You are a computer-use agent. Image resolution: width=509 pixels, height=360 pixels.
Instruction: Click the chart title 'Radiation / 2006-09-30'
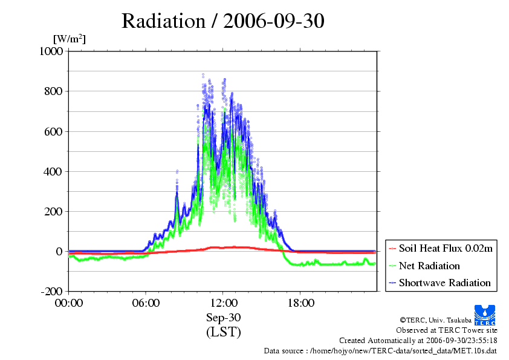[222, 21]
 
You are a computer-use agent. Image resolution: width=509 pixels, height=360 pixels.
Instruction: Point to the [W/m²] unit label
[70, 39]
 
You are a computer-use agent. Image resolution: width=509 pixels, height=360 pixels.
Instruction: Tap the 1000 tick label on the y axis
[51, 51]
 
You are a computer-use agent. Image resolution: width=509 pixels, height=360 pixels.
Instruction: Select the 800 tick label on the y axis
[53, 91]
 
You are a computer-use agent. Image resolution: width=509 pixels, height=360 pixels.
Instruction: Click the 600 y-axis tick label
[53, 131]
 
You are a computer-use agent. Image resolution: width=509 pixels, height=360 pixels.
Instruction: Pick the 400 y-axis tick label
[53, 172]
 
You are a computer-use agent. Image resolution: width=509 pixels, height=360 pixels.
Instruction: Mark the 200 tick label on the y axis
[53, 212]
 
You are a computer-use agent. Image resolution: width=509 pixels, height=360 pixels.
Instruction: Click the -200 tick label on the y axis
[51, 292]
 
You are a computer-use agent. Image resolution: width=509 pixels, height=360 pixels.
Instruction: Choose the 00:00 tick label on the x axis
[69, 303]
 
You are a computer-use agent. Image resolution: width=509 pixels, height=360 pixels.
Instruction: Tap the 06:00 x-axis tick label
[146, 303]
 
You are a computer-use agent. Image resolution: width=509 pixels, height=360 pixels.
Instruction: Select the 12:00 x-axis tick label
[223, 303]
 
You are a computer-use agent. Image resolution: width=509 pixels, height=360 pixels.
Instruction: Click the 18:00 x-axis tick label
[300, 303]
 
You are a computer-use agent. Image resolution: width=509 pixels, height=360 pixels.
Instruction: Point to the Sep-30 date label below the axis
[223, 318]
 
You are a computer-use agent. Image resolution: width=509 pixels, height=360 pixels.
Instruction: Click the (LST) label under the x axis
[223, 332]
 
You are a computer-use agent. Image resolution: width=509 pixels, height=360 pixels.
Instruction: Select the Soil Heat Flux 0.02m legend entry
[441, 249]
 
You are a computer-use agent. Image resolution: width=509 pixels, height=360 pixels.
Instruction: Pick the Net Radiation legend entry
[424, 266]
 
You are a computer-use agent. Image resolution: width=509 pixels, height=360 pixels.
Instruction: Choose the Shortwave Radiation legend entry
[440, 283]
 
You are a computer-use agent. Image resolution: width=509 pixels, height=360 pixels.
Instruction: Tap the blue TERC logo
[485, 315]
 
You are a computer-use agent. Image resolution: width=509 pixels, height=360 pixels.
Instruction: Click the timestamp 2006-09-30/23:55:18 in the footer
[461, 341]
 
